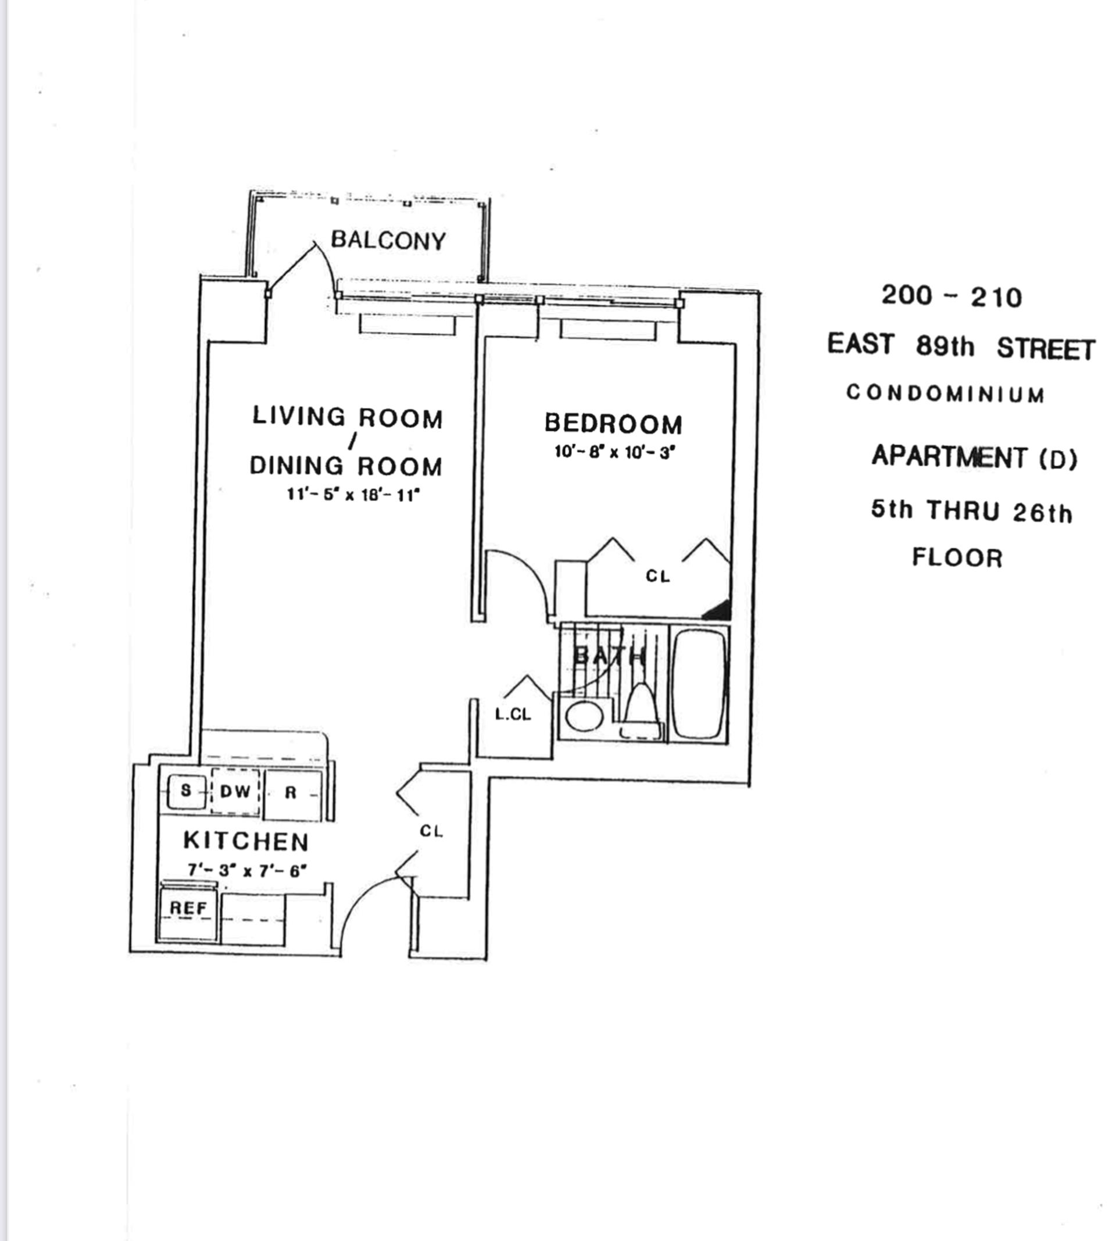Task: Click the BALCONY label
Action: [388, 240]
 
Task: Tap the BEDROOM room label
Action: [613, 424]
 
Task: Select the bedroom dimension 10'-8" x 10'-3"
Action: [614, 452]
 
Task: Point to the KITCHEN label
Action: [246, 841]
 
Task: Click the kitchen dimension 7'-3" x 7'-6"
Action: [246, 870]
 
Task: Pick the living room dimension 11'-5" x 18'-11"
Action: [353, 494]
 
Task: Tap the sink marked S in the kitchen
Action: [186, 791]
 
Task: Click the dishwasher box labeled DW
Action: [235, 792]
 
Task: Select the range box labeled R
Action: [292, 793]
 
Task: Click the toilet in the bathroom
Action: [641, 711]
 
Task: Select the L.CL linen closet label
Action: [513, 714]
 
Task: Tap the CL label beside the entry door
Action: [431, 831]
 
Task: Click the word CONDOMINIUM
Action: [945, 394]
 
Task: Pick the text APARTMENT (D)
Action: [974, 457]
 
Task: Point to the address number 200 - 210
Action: [951, 296]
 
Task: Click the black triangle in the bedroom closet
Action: [718, 610]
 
